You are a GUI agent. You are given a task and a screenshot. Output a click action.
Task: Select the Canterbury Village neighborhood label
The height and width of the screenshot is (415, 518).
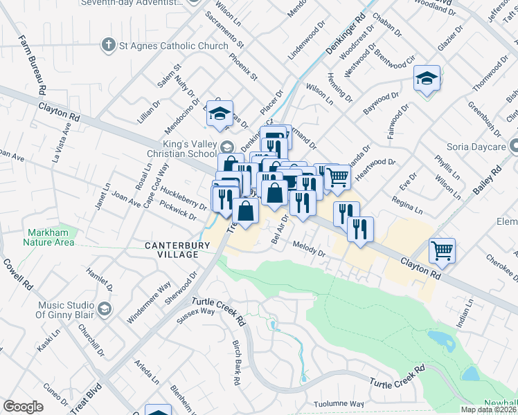[171, 250]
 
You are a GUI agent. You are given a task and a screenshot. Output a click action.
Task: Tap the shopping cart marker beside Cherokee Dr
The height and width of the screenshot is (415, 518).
[441, 251]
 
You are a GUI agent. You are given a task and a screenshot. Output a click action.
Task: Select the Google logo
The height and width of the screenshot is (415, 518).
[23, 407]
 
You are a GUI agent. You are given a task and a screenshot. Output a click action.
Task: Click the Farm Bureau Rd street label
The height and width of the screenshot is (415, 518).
[31, 65]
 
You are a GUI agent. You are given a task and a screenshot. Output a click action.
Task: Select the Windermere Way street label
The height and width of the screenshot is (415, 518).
[149, 303]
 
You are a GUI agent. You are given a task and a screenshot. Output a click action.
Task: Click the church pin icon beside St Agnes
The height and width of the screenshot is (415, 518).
[108, 46]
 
